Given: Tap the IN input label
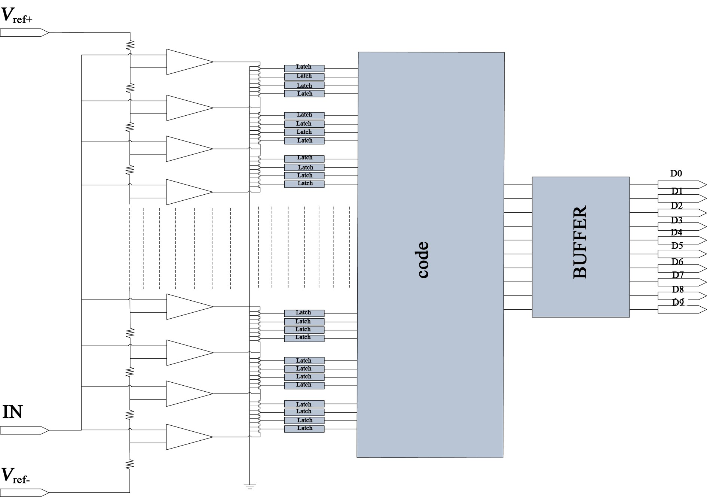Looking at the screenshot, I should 12,412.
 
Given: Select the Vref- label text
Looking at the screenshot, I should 16,476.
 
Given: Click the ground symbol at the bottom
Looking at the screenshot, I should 250,487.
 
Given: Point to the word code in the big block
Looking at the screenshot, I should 423,259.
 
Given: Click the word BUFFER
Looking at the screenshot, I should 580,242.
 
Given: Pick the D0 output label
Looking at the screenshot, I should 676,173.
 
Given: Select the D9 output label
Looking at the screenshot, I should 678,303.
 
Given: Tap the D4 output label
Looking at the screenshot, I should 676,232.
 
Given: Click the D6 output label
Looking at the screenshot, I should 677,262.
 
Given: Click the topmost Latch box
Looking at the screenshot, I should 304,68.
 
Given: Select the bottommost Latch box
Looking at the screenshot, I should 304,429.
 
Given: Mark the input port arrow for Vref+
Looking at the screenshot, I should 24,33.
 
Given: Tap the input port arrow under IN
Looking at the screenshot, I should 24,430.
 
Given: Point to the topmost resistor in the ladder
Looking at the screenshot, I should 130,45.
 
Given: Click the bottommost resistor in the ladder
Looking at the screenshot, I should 130,464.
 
